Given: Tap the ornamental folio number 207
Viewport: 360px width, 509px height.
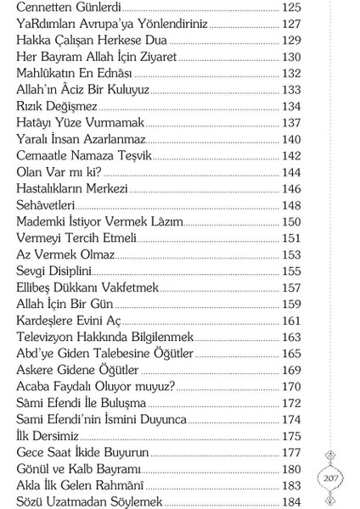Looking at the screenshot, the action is tap(331, 478).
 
